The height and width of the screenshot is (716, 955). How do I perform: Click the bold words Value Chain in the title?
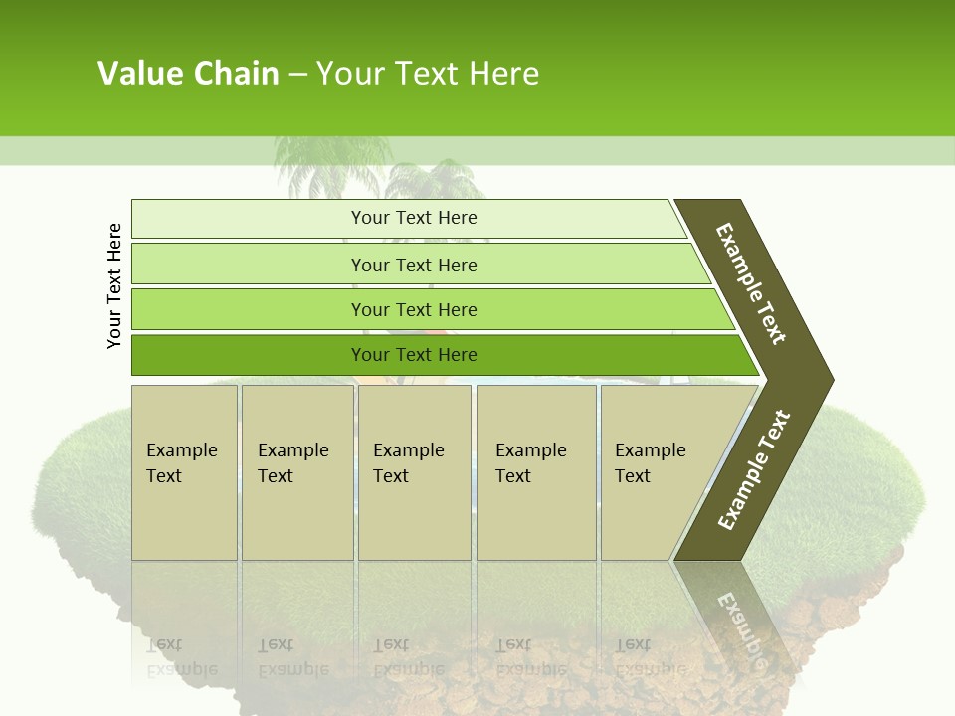[188, 73]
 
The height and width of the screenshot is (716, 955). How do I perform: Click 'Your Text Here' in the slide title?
[428, 73]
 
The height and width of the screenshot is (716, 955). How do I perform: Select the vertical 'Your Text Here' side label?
[114, 285]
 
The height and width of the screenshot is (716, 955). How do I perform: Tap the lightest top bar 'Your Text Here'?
[413, 218]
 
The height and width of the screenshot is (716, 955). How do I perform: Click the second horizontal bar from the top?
[413, 265]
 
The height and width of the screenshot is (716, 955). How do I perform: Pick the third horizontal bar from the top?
[413, 309]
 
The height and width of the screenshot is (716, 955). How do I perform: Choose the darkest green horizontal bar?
[413, 355]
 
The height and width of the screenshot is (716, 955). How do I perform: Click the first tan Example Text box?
[184, 472]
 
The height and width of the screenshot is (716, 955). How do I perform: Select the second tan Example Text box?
[296, 472]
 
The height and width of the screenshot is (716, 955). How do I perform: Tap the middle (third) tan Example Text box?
[414, 472]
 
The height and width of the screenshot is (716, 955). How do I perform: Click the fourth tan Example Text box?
[535, 472]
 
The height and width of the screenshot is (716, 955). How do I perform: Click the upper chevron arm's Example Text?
[751, 283]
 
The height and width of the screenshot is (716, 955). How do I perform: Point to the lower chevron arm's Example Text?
[754, 469]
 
